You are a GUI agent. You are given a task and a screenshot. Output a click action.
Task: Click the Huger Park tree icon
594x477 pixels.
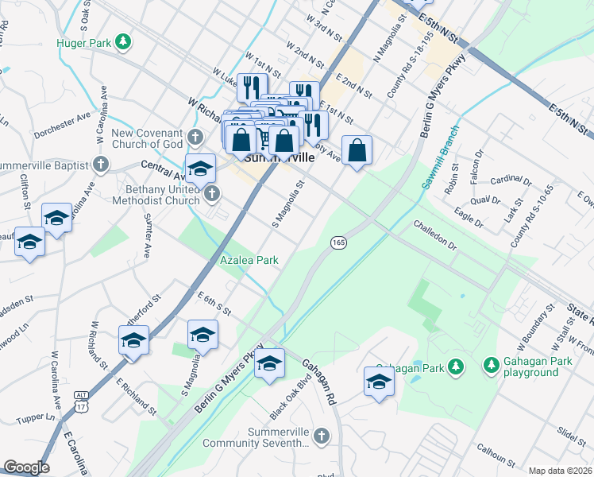[x=122, y=40]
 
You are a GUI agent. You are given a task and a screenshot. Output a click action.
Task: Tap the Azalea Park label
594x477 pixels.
[x=249, y=261]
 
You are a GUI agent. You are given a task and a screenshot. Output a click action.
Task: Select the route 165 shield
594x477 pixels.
[x=338, y=242]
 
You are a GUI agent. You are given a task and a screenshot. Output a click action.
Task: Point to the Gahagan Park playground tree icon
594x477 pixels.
[x=491, y=366]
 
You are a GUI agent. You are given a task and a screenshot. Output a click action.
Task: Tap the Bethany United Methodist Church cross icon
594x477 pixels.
[x=211, y=192]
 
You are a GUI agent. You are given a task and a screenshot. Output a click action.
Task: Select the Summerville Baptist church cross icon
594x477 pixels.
[x=100, y=164]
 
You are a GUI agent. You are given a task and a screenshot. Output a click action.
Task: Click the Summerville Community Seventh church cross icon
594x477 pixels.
[x=321, y=436]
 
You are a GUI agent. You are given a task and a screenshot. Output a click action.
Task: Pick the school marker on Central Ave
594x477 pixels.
[x=201, y=169]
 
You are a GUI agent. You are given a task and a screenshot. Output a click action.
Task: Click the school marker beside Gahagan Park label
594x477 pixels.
[x=379, y=382]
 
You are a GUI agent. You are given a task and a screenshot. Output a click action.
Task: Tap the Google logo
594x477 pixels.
[x=26, y=467]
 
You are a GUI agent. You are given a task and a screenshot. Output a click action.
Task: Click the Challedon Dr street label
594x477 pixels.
[x=434, y=235]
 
